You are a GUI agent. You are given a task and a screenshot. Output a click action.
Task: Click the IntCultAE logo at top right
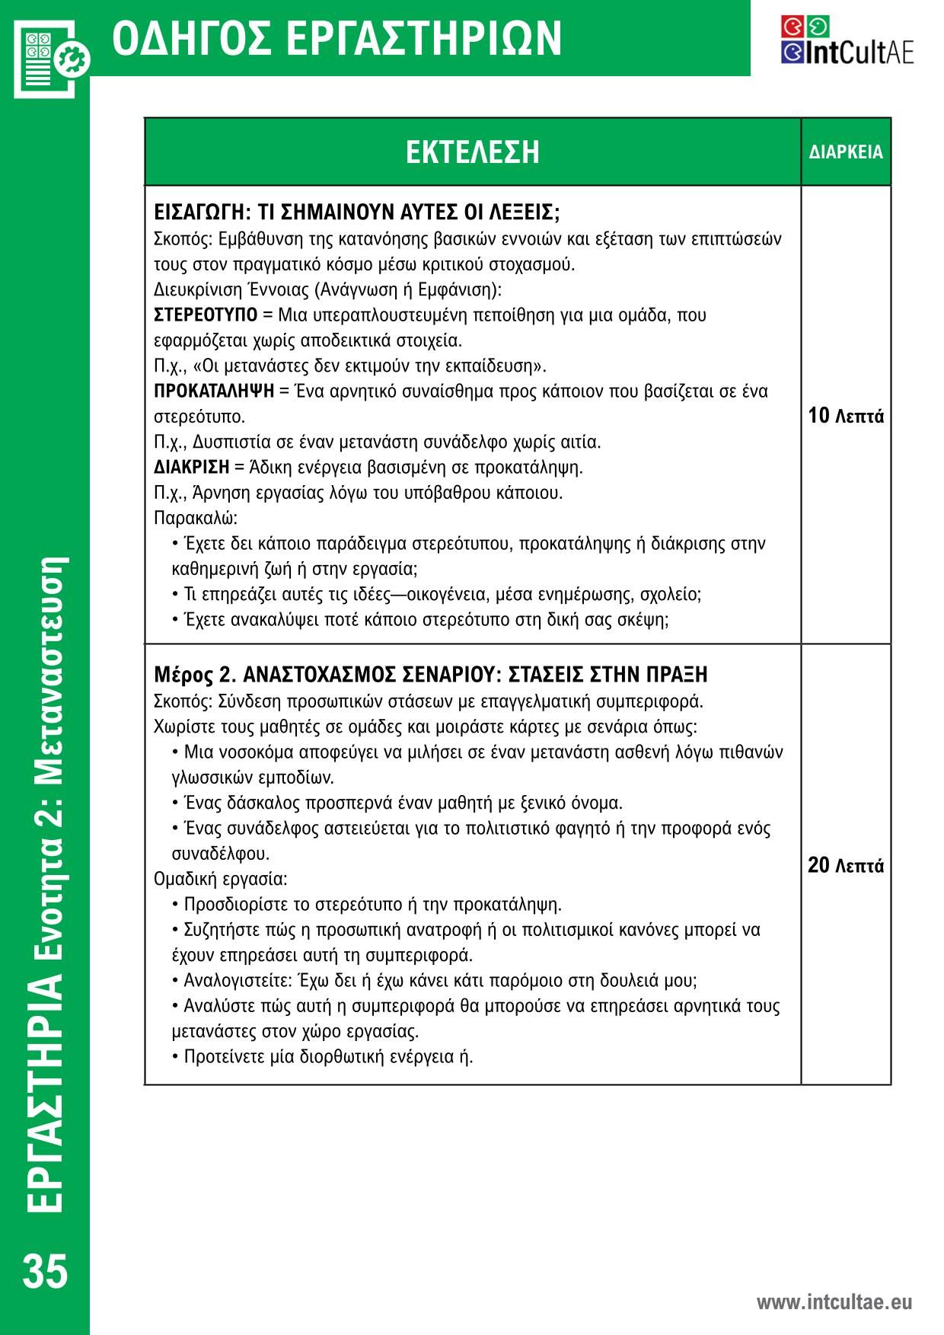tap(847, 40)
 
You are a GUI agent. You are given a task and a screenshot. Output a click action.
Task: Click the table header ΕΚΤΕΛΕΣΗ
tap(472, 152)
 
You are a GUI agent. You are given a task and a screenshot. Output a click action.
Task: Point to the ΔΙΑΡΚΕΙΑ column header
tap(846, 152)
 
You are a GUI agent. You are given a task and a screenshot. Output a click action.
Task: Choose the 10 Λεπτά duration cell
tap(846, 417)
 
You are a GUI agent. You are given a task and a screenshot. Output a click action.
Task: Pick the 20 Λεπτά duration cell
tap(846, 866)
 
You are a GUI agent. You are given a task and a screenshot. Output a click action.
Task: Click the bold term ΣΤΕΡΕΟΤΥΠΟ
tap(206, 315)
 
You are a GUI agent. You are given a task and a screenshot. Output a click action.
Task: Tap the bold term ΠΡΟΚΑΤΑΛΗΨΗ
tap(214, 391)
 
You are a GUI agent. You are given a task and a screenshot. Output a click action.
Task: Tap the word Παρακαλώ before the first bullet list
tap(195, 519)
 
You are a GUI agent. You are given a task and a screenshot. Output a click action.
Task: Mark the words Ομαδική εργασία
tap(220, 880)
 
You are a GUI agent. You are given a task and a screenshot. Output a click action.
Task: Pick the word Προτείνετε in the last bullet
tap(223, 1057)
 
